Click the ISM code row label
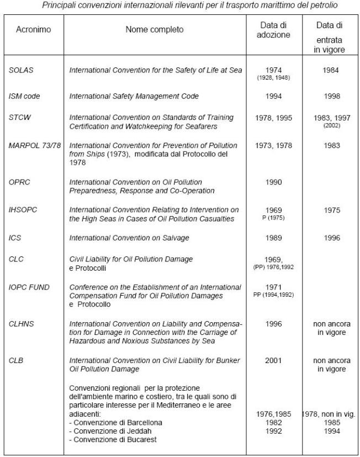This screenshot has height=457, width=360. point(24,96)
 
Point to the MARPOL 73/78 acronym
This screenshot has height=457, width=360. point(34,145)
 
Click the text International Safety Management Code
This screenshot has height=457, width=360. point(134,96)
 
